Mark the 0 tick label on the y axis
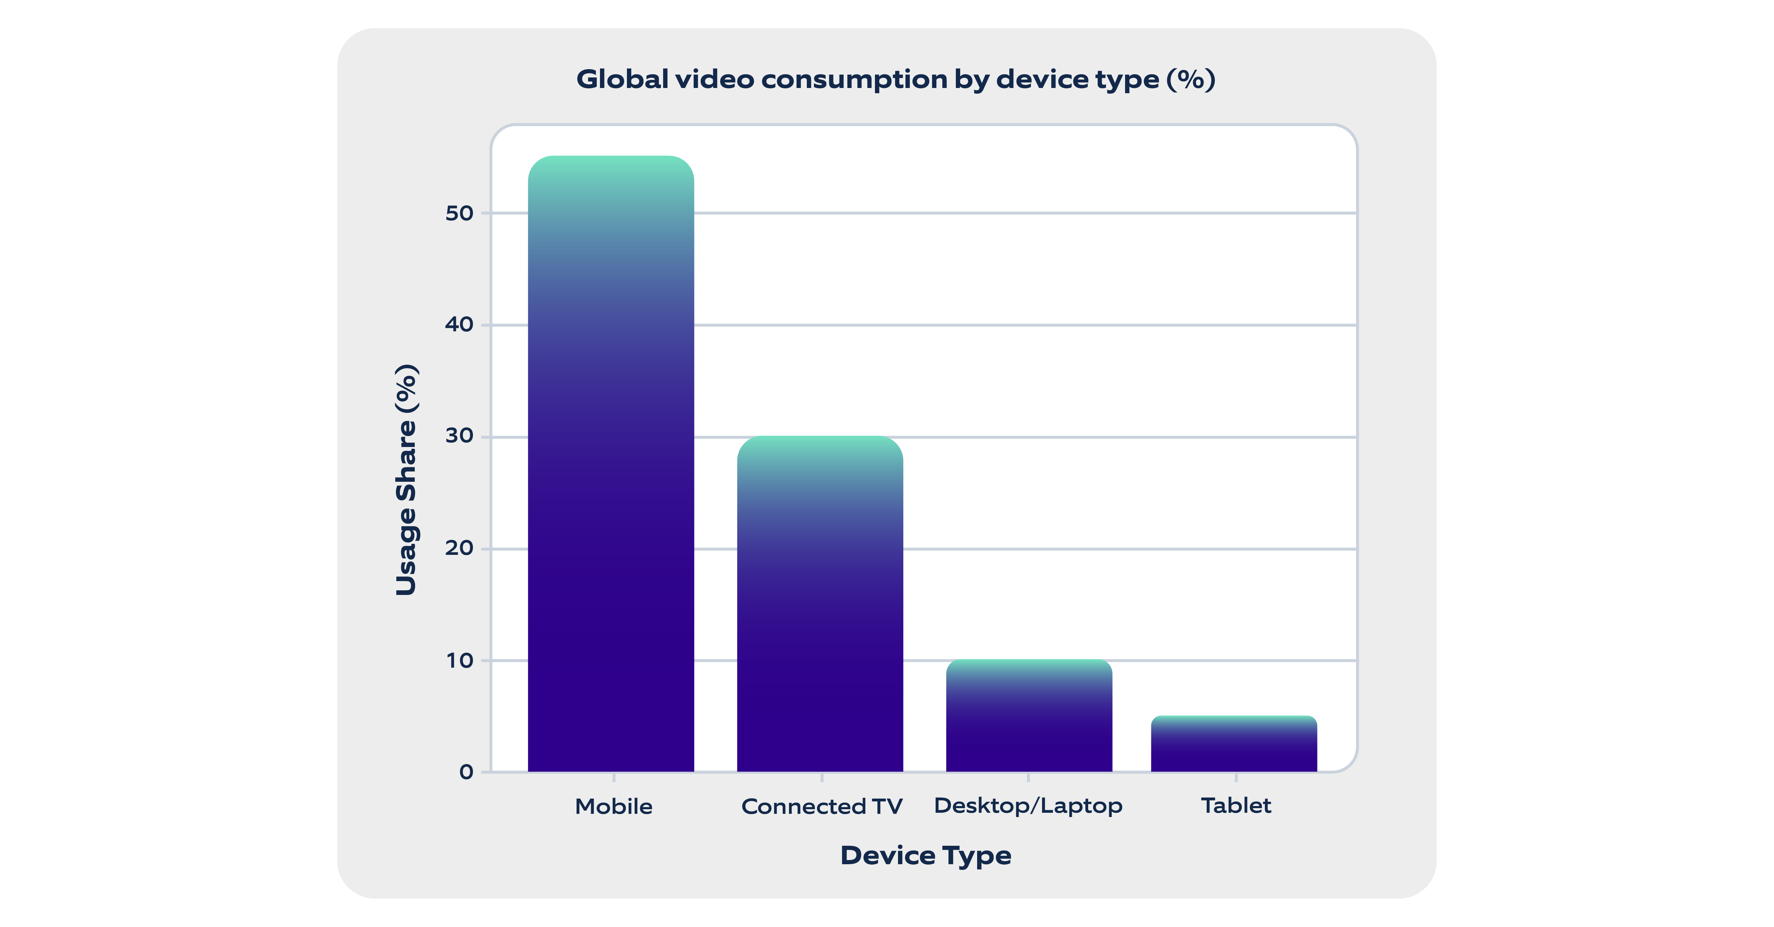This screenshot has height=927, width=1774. click(x=466, y=772)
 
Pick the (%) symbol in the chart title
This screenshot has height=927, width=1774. click(x=1191, y=80)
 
